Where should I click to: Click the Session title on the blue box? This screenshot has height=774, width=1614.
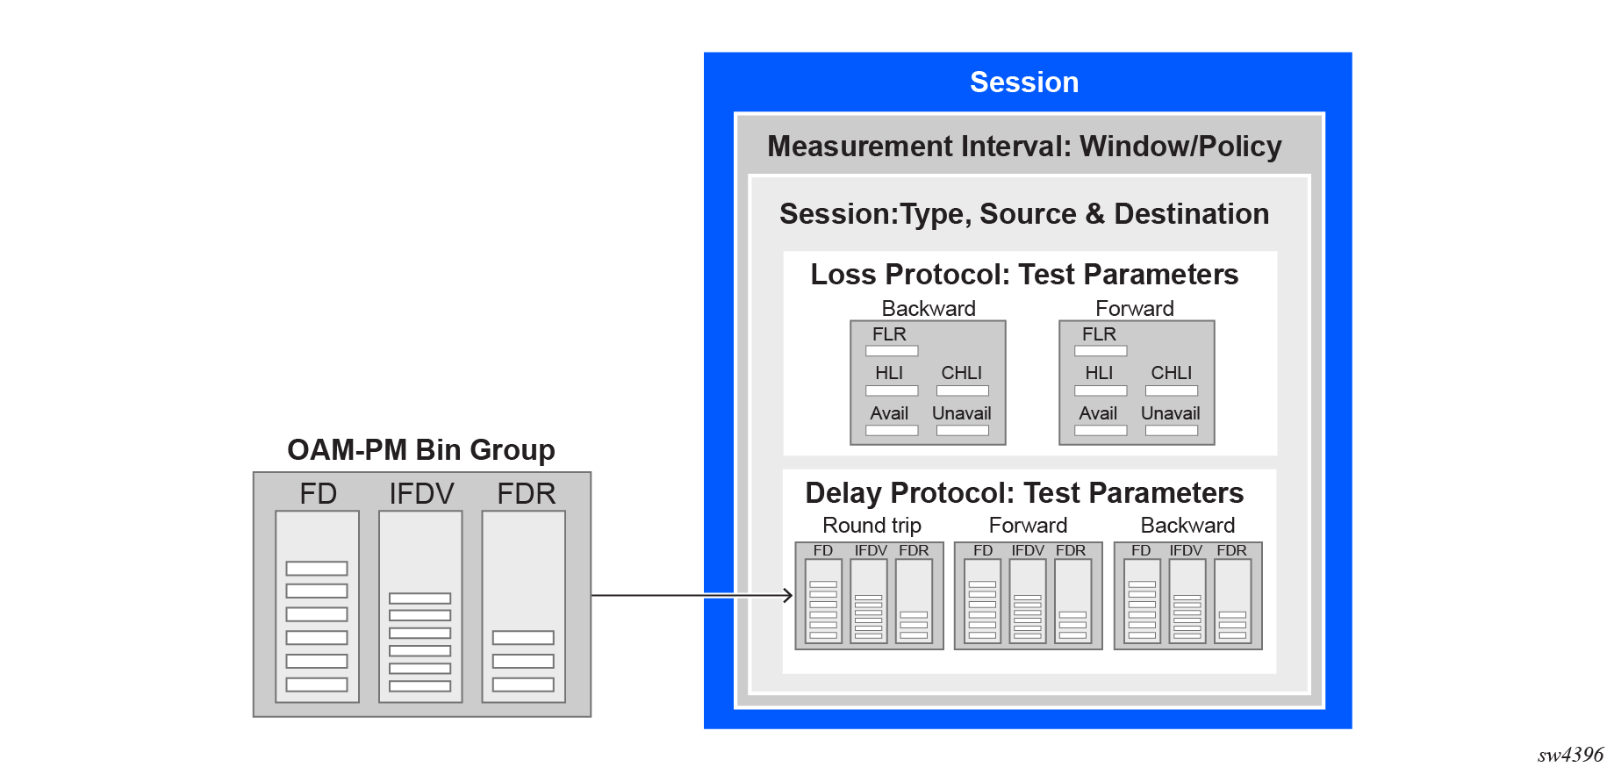[x=1023, y=82]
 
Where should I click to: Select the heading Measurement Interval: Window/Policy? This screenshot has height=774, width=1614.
[x=1023, y=147]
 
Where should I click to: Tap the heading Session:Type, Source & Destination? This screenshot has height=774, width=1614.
[x=1023, y=214]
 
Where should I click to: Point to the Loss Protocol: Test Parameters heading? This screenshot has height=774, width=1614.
[x=1023, y=275]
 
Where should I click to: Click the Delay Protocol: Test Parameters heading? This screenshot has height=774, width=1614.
[x=1023, y=493]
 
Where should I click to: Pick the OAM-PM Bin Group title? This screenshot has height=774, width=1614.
[x=420, y=450]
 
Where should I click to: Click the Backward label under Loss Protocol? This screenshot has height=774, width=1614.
[x=928, y=309]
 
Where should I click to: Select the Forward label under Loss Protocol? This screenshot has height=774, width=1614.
[x=1134, y=309]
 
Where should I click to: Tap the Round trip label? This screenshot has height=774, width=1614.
[x=871, y=526]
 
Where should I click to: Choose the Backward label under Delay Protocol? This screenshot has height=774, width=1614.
[x=1187, y=526]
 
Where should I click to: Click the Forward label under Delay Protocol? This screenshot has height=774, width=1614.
[x=1028, y=526]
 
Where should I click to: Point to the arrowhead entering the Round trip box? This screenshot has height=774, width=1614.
[x=788, y=596]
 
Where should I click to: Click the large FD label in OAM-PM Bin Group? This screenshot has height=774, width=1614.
[x=318, y=494]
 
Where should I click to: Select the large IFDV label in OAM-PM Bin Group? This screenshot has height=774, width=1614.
[x=421, y=494]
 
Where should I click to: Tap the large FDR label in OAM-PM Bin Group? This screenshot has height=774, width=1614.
[x=526, y=494]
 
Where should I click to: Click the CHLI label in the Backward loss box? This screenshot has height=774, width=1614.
[x=961, y=373]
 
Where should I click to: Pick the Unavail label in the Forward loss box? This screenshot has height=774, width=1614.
[x=1170, y=413]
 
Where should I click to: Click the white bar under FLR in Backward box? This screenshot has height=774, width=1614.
[x=892, y=351]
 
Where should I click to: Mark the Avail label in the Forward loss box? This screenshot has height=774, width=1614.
[x=1098, y=413]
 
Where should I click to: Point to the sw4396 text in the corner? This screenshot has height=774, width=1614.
[x=1569, y=756]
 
